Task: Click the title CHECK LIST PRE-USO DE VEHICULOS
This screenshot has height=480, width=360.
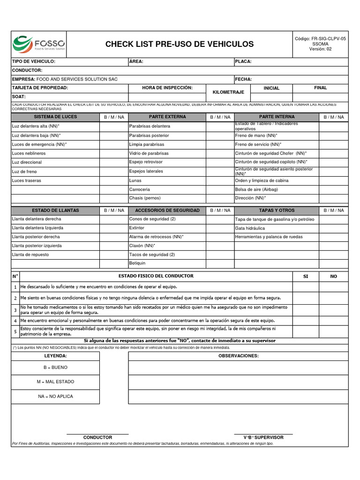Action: (x=179, y=44)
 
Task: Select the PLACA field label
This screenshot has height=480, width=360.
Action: (x=243, y=61)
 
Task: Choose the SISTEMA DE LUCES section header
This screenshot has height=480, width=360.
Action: (x=55, y=117)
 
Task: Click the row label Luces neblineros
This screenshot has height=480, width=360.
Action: (x=29, y=153)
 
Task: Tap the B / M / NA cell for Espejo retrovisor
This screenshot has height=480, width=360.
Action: (x=219, y=162)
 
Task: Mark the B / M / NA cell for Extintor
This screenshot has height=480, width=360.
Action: (x=219, y=228)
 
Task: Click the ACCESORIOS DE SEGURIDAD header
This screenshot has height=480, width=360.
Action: (x=167, y=210)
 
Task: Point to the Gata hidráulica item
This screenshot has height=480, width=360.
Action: (x=250, y=228)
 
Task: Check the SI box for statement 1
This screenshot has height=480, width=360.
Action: (x=306, y=287)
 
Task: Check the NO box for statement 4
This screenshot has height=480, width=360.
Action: (x=333, y=321)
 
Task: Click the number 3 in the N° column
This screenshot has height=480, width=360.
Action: (x=15, y=310)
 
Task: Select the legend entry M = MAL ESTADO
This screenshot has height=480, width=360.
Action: (x=55, y=382)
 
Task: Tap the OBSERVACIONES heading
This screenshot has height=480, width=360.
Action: (x=239, y=356)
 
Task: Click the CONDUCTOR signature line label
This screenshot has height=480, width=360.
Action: (x=97, y=437)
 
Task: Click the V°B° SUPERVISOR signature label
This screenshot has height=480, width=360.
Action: (x=263, y=437)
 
